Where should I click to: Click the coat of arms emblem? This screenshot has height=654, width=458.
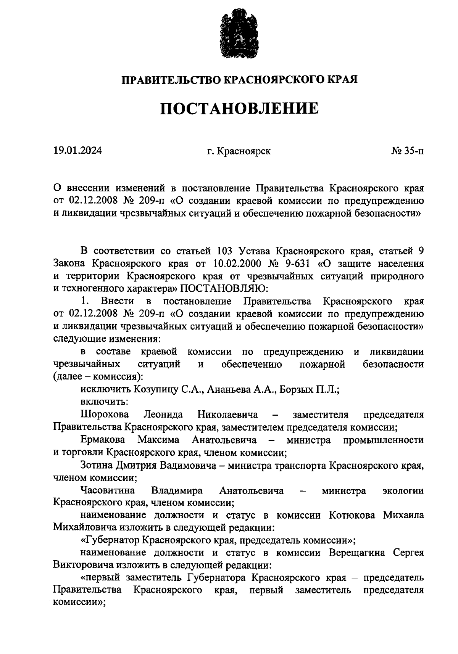pyautogui.click(x=239, y=36)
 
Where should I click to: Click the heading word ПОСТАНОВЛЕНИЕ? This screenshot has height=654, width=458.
pyautogui.click(x=239, y=109)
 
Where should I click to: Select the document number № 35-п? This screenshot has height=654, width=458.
pyautogui.click(x=407, y=151)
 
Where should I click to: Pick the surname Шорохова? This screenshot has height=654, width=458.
pyautogui.click(x=105, y=415)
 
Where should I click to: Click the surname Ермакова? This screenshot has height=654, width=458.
pyautogui.click(x=103, y=440)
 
